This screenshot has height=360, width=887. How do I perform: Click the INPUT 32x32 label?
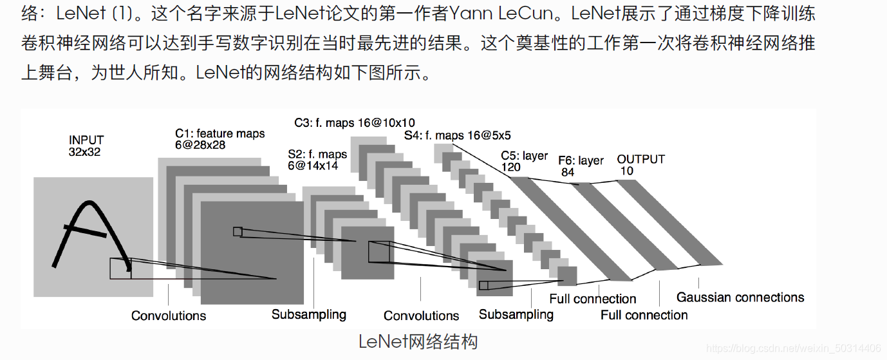click(x=86, y=146)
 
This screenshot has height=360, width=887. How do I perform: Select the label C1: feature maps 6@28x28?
click(x=219, y=138)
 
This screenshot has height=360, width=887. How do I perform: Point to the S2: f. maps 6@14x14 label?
click(x=317, y=160)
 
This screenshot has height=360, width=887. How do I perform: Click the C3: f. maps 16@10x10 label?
click(x=354, y=122)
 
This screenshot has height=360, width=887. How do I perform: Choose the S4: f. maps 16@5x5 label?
click(x=457, y=136)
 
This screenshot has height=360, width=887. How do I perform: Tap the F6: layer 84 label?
click(x=581, y=166)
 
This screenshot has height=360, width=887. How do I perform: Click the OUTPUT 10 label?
click(x=640, y=165)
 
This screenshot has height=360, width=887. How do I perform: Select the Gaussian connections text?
click(x=740, y=298)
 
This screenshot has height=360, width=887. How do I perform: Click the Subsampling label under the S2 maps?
click(x=308, y=314)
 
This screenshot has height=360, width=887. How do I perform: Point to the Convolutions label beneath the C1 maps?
click(x=169, y=316)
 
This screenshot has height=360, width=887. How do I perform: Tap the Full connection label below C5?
click(x=592, y=299)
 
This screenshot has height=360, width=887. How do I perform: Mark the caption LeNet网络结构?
click(x=418, y=341)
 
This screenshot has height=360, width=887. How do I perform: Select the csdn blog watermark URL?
click(x=794, y=348)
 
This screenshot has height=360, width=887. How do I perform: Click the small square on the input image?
click(x=120, y=268)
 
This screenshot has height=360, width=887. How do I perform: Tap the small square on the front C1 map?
click(x=238, y=231)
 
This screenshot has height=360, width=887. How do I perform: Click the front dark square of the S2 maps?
click(x=367, y=252)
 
